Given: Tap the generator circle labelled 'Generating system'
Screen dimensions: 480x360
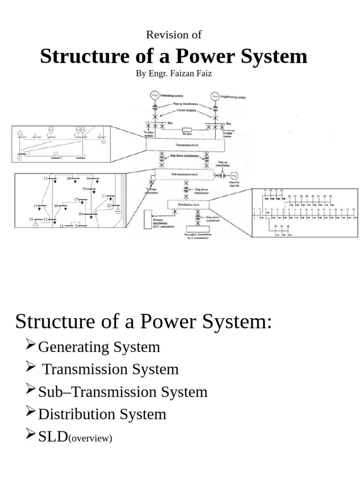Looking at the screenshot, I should tap(154, 96).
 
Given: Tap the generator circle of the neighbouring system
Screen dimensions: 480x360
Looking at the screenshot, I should tap(215, 96).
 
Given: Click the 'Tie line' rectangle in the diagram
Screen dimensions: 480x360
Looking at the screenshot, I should tap(186, 131).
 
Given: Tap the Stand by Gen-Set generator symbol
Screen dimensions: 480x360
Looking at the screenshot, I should tap(235, 175).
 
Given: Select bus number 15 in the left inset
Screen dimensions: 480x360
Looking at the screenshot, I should tap(46, 179).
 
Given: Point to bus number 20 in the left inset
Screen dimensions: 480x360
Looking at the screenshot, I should tap(85, 188).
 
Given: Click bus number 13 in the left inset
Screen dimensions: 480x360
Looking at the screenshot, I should tap(31, 219).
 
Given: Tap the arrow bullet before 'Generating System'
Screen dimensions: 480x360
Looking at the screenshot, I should tap(31, 346).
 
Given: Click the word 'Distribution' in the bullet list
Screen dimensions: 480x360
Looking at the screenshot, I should tap(71, 414).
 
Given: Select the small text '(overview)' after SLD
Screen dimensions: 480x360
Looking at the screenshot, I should tap(91, 439).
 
